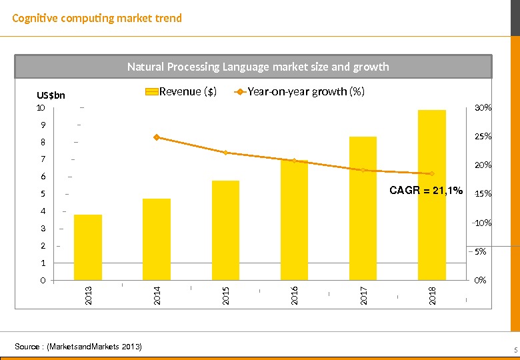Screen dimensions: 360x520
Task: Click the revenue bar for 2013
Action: coord(88,247)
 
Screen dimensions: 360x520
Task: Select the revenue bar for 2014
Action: coord(157,239)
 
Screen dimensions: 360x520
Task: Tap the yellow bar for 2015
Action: coord(225,230)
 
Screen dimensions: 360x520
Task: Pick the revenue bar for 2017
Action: coord(363,208)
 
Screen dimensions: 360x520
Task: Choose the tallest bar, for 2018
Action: coord(431,195)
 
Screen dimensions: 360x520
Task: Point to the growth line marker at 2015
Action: coord(225,153)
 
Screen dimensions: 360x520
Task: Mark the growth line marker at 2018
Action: coord(432,173)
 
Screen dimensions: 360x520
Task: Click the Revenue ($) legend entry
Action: coord(181,92)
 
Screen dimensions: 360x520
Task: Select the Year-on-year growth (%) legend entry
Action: coord(299,92)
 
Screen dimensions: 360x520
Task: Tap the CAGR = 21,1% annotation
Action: coord(426,191)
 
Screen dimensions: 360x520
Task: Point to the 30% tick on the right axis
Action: coord(483,107)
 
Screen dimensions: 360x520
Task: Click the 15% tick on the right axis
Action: coord(483,194)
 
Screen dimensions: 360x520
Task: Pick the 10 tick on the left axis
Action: coord(41,107)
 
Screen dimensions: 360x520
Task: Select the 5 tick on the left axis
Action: coord(43,194)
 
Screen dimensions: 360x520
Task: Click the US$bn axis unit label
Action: coord(51,96)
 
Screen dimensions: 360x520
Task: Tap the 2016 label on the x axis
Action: coord(294,295)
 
